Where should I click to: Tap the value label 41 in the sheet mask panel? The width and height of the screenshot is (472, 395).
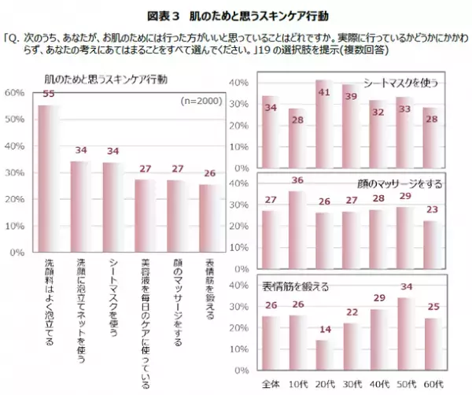[323, 92]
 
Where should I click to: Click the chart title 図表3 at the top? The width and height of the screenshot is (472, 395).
[236, 15]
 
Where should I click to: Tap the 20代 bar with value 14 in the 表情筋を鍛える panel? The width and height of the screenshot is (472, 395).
[323, 353]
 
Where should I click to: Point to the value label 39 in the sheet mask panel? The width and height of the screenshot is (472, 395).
[350, 95]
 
